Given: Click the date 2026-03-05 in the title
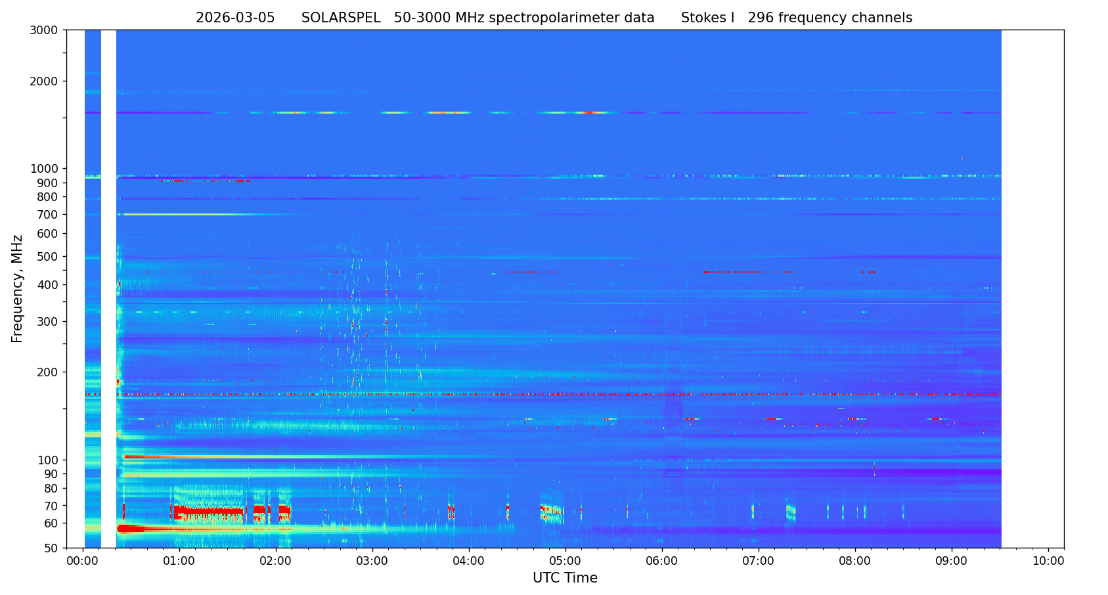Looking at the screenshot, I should coord(235,18).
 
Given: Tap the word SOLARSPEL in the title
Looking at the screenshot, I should coord(341,18).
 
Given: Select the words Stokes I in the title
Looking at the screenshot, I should coord(707,18).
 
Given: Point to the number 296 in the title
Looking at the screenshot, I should coord(761,18).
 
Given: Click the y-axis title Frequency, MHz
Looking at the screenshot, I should coord(17,288).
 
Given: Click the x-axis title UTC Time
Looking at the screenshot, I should coord(565,578).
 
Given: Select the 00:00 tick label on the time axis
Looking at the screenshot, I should coord(83,561).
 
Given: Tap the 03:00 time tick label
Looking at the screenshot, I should coord(372,561).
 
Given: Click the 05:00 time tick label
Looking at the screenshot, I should coord(565,561).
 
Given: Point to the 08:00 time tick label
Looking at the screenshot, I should coord(855,561).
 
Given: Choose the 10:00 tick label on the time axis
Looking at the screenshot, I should coord(1048,561).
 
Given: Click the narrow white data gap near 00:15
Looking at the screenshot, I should coord(108,289).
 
